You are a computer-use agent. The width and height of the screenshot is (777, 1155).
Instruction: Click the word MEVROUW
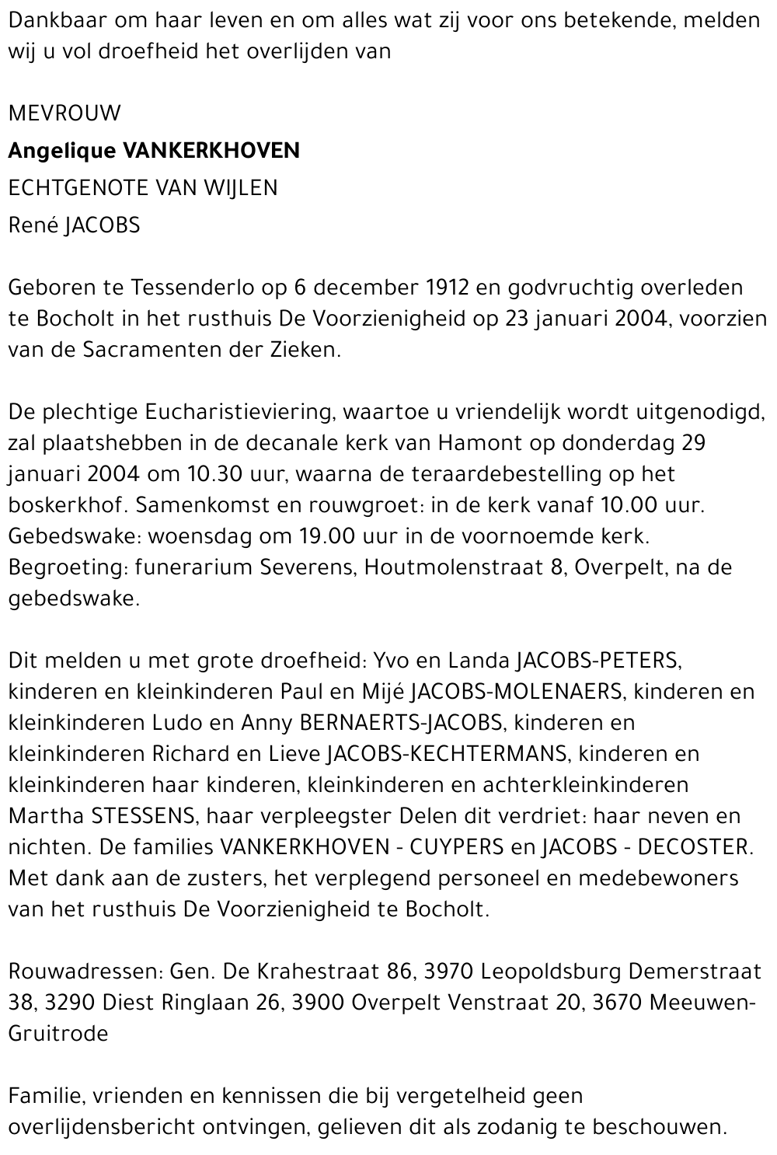(x=64, y=113)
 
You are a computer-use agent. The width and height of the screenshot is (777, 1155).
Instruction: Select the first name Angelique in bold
(x=62, y=151)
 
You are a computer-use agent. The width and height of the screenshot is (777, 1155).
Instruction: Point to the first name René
(x=33, y=225)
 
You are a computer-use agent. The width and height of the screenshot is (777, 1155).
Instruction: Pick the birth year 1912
(x=448, y=288)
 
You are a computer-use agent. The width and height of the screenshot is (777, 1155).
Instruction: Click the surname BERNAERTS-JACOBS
(x=401, y=723)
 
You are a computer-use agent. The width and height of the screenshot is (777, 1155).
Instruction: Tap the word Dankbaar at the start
(x=54, y=21)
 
